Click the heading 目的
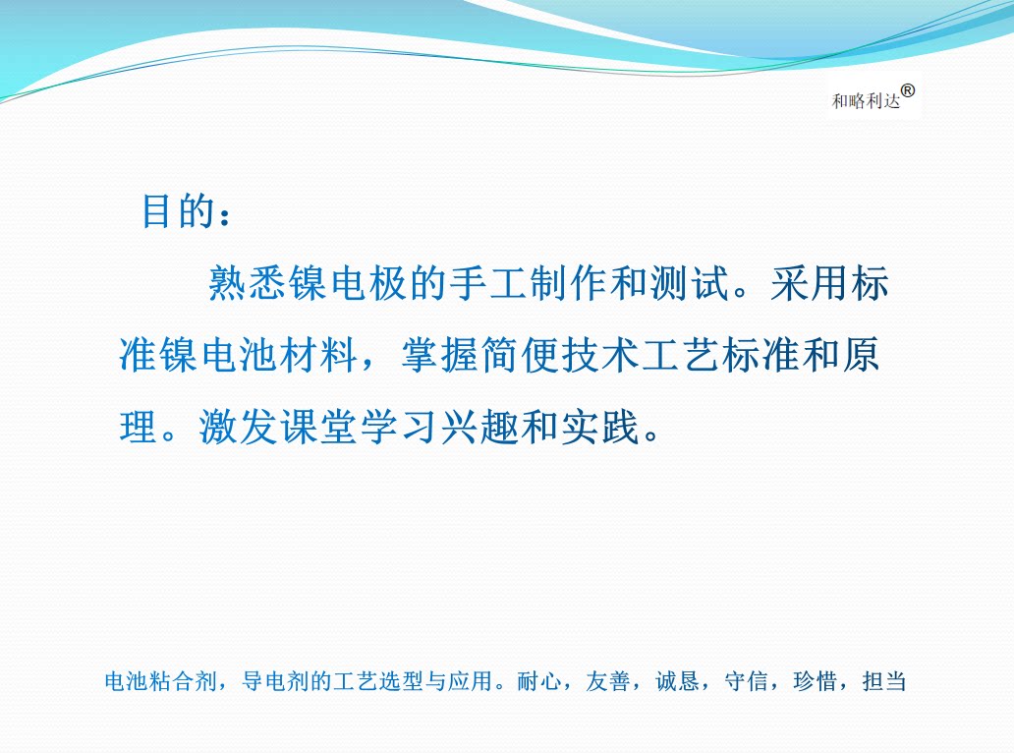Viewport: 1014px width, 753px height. tap(178, 211)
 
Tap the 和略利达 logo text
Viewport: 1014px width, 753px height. tap(866, 101)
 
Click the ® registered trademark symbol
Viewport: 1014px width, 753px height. tap(908, 91)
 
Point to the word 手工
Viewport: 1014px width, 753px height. tap(489, 283)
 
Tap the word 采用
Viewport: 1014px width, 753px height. tap(810, 283)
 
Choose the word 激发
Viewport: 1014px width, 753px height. tap(239, 427)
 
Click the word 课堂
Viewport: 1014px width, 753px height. tap(318, 427)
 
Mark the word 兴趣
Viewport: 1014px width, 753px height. tap(479, 427)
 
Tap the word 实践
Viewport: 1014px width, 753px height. tap(600, 427)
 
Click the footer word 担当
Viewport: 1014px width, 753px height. tap(884, 681)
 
